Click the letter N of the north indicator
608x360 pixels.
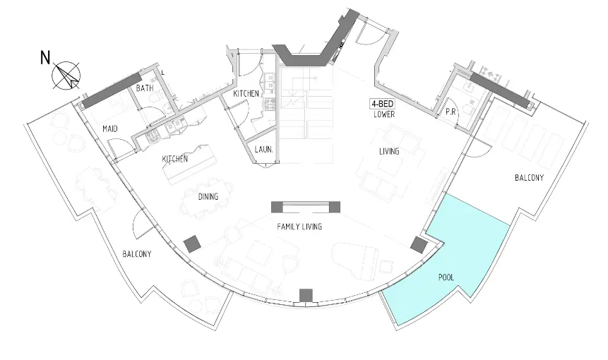45,58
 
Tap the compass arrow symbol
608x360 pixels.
66,76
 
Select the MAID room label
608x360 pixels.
110,128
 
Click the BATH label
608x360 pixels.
145,88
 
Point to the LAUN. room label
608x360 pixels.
263,149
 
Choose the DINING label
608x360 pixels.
208,197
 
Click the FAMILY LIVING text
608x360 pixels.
299,227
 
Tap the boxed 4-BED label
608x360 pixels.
383,104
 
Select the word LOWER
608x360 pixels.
384,114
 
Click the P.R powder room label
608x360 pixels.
451,112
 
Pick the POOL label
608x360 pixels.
446,277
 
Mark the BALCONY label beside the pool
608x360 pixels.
530,178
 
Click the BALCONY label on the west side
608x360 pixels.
137,254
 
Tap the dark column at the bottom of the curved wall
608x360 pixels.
306,295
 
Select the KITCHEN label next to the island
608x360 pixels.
175,159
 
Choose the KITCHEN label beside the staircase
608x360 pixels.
246,94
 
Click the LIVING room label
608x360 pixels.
389,152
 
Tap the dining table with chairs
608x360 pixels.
208,197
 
